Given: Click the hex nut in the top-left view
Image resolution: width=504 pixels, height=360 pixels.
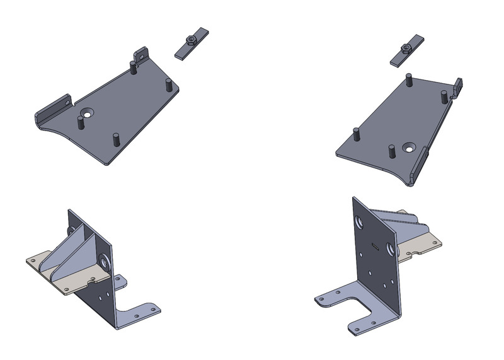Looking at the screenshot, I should point(191,42).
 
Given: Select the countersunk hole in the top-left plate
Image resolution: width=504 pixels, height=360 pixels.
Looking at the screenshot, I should point(86,114).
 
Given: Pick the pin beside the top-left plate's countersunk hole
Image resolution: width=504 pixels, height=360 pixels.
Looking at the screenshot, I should point(80,122).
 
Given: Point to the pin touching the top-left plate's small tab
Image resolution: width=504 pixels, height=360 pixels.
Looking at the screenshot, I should point(133,66).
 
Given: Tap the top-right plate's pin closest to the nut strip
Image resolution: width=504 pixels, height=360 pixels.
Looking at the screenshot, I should point(409,80).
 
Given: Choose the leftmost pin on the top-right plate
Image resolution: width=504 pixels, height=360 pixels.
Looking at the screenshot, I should point(356,134).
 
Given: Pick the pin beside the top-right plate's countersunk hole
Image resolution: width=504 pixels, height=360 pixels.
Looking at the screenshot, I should point(392,151).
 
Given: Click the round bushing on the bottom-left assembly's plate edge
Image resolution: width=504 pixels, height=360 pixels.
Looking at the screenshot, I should point(103,261).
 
